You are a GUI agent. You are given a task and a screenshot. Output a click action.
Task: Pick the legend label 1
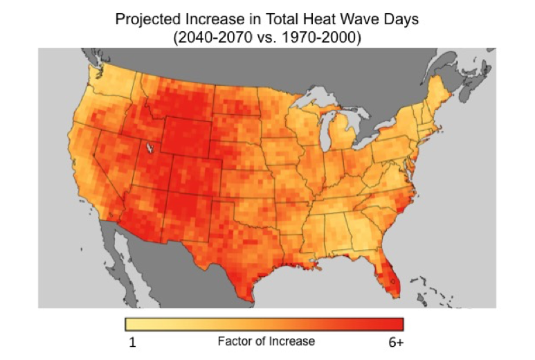pos(132,342)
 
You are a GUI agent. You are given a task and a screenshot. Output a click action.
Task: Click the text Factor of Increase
pos(266,341)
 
